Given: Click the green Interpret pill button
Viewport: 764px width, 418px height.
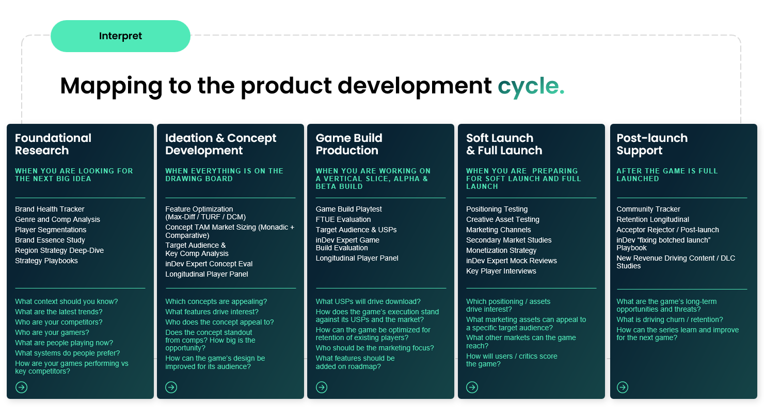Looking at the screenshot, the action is pyautogui.click(x=120, y=36).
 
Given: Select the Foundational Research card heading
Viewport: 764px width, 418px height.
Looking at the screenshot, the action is pyautogui.click(x=53, y=144).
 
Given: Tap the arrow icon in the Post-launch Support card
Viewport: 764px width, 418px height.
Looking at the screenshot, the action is pyautogui.click(x=623, y=387).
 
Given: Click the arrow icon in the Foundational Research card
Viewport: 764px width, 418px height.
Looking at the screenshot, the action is pyautogui.click(x=21, y=387).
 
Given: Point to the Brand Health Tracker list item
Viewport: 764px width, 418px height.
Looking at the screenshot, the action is pyautogui.click(x=50, y=209).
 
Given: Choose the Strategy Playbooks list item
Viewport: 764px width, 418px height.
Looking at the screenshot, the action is pyautogui.click(x=46, y=261).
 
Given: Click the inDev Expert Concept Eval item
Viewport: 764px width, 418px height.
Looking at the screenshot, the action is pyautogui.click(x=209, y=264).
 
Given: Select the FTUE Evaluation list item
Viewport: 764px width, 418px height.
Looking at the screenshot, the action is pyautogui.click(x=343, y=219).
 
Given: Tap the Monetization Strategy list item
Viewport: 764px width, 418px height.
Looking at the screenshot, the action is pyautogui.click(x=501, y=250).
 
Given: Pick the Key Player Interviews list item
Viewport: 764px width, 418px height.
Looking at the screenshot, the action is pyautogui.click(x=501, y=271).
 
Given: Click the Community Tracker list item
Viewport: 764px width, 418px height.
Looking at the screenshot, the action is pyautogui.click(x=648, y=209).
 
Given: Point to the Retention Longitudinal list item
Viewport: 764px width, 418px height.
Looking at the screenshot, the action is pyautogui.click(x=652, y=219).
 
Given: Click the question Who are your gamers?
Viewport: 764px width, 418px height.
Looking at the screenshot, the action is pyautogui.click(x=52, y=332).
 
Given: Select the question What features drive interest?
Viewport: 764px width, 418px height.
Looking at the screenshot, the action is pyautogui.click(x=212, y=312).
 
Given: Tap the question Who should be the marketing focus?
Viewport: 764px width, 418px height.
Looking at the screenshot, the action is pyautogui.click(x=374, y=348).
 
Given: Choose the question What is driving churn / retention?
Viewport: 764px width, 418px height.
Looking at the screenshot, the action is pyautogui.click(x=670, y=319).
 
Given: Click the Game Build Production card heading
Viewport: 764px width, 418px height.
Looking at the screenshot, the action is pyautogui.click(x=349, y=144).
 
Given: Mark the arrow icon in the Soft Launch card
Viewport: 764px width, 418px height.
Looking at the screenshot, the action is pyautogui.click(x=472, y=387).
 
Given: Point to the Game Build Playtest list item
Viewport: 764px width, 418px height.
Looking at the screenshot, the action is pyautogui.click(x=348, y=209).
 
